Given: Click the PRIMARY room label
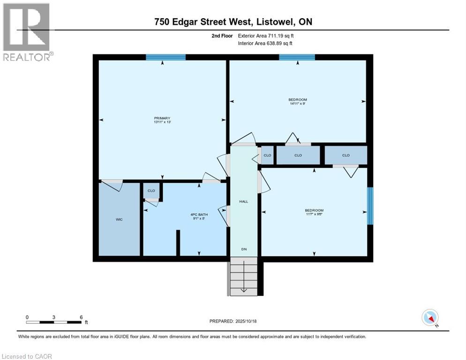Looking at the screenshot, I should (x=162, y=118).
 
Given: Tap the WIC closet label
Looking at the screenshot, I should (x=119, y=219).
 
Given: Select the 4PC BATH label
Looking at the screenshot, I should (x=199, y=215).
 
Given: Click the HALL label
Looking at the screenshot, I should (x=244, y=202).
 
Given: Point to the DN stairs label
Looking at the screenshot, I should (x=244, y=249).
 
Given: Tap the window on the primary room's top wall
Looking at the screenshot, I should (x=165, y=57).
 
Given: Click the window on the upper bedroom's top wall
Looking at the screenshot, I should (x=297, y=57).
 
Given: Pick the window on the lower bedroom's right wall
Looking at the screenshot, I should (x=369, y=206).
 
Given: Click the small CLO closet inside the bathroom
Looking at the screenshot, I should (x=151, y=191).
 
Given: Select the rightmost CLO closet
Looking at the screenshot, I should (x=346, y=155).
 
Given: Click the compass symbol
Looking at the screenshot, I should (x=430, y=317).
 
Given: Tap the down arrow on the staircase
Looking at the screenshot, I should (x=244, y=288).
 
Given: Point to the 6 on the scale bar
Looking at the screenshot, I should (x=82, y=317).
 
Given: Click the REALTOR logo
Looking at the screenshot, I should (x=28, y=32).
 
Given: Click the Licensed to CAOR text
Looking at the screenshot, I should (x=27, y=356).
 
